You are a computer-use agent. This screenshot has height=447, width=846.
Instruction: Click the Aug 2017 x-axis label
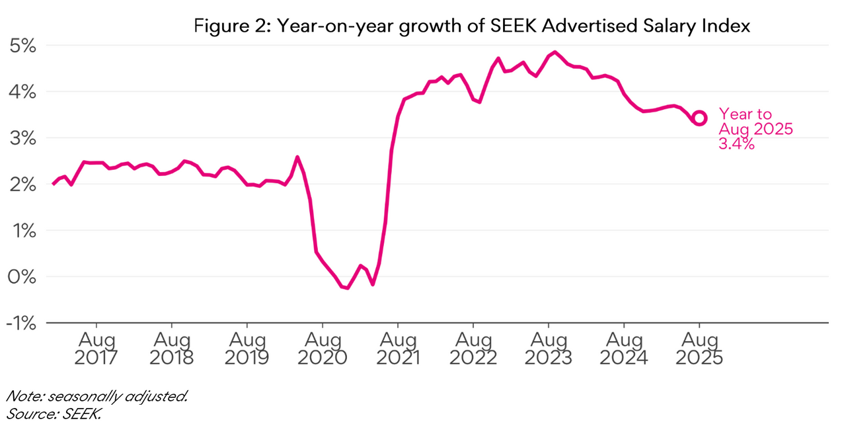coord(96,349)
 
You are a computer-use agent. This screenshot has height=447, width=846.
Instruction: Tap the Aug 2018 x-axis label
coord(172,349)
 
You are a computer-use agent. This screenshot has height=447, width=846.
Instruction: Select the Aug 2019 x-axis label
coord(247,349)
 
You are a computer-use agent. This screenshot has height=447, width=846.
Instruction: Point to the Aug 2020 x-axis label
coord(323,349)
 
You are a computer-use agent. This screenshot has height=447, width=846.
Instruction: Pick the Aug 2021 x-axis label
coord(398,349)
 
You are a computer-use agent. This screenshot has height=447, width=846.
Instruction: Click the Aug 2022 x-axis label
coord(473,349)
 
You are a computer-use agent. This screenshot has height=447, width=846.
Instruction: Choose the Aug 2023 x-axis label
coord(549,349)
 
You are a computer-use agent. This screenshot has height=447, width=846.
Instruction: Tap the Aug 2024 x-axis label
coord(624,349)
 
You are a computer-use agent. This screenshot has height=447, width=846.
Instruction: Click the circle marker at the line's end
coord(699,118)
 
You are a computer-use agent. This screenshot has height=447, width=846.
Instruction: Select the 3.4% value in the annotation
coord(736,143)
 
